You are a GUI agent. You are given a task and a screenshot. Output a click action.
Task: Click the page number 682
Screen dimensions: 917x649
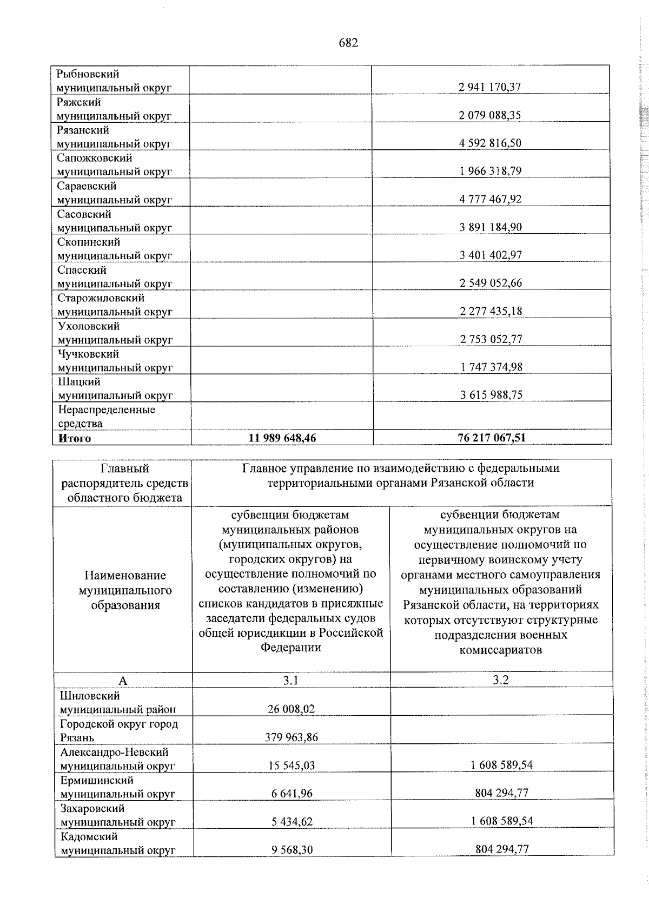click(348, 43)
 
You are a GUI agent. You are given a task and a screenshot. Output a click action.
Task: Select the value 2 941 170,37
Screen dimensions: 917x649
click(490, 87)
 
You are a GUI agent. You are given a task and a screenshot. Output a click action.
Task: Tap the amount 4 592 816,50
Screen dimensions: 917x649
click(490, 143)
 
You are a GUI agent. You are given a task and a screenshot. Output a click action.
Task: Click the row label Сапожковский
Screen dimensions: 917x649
click(95, 158)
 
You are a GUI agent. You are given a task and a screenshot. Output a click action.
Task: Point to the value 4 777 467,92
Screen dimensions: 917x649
click(491, 199)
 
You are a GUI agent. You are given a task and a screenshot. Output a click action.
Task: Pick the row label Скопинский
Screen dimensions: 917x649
click(89, 242)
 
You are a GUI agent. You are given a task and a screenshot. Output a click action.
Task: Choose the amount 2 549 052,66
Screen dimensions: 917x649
click(491, 283)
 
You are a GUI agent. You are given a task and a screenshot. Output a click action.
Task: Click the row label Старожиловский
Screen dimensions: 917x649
click(101, 298)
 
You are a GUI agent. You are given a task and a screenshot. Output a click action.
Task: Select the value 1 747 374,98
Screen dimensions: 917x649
click(491, 367)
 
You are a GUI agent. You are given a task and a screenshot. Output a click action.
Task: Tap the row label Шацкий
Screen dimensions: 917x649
click(80, 382)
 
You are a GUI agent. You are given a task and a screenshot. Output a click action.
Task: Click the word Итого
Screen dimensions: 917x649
click(75, 438)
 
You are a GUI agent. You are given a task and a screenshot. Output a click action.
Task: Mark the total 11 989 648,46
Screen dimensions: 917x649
click(282, 438)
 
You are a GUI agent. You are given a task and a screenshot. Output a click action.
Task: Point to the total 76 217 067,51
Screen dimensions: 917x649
click(491, 438)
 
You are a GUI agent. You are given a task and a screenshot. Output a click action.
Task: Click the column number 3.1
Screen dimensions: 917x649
click(291, 681)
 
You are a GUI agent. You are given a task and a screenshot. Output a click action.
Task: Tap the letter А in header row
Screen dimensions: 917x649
click(123, 681)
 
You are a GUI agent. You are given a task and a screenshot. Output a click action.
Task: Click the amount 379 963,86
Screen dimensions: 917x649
click(292, 737)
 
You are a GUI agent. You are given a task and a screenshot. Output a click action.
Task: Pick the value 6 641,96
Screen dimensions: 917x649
click(292, 794)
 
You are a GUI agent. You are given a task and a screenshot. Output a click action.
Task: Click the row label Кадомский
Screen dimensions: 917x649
click(89, 836)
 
